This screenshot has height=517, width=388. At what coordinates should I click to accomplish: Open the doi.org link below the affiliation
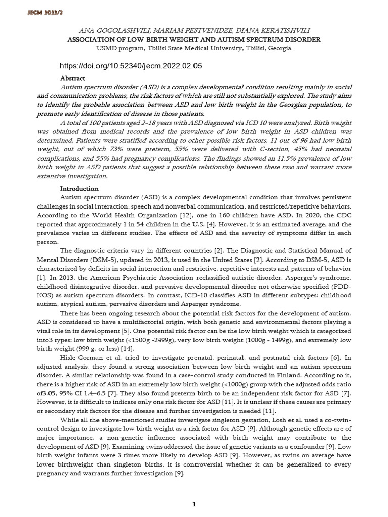tap(130, 66)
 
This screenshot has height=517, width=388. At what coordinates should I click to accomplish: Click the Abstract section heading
tap(73, 78)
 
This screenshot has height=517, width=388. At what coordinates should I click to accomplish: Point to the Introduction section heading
tap(79, 188)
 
